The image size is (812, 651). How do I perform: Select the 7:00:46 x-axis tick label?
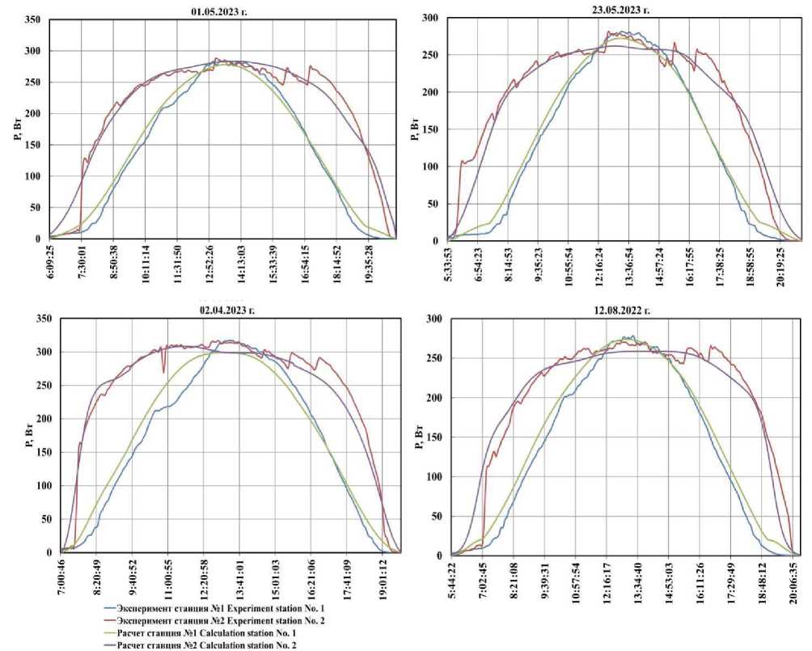[62, 579]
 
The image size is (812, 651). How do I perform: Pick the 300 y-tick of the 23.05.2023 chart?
[433, 18]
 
